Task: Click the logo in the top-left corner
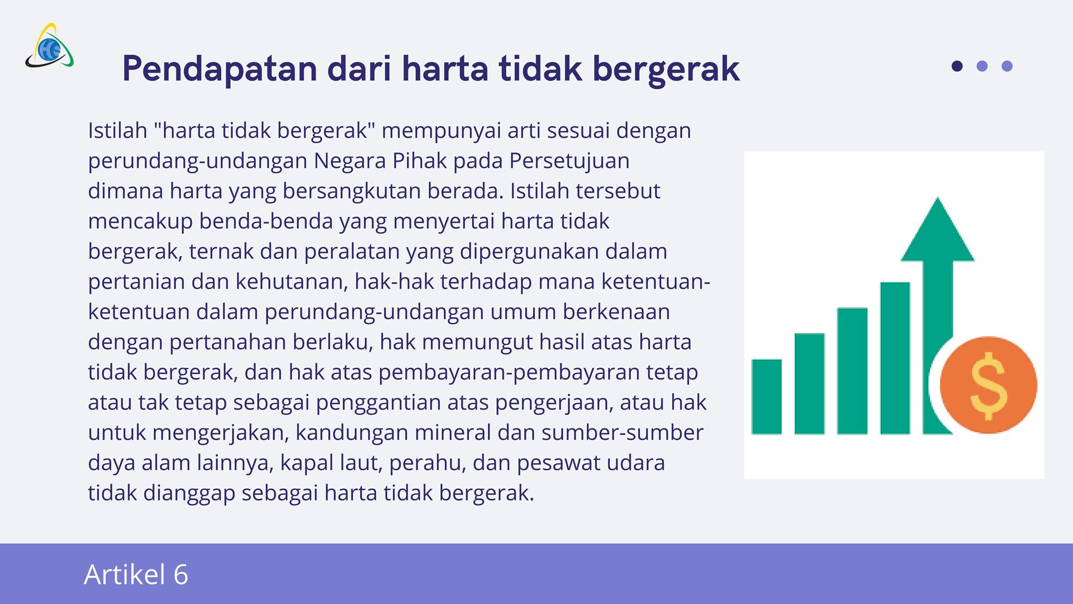click(x=49, y=45)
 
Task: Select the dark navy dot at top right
click(x=957, y=66)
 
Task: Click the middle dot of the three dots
click(x=982, y=66)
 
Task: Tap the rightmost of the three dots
click(x=1007, y=66)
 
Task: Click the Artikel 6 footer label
click(x=136, y=574)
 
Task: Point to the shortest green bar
click(x=767, y=397)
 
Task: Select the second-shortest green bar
click(x=810, y=384)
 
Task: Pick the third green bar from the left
click(x=852, y=371)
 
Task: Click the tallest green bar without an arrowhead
click(x=895, y=358)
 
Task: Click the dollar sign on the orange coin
click(x=989, y=385)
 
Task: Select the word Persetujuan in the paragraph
click(x=569, y=161)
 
